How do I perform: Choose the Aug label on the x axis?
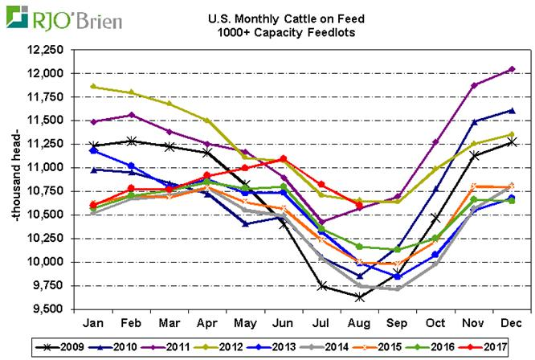coord(358,322)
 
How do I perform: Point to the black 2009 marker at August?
coord(358,297)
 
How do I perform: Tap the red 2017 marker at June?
coord(284,158)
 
